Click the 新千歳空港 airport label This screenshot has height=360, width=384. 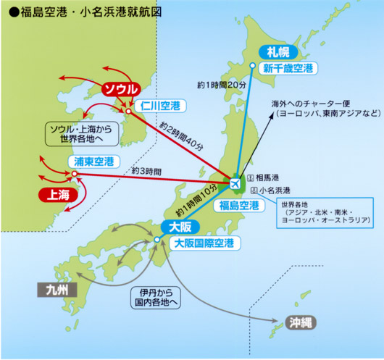(288, 69)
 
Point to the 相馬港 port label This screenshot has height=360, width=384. (266, 177)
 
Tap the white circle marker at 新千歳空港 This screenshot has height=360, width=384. (252, 66)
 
